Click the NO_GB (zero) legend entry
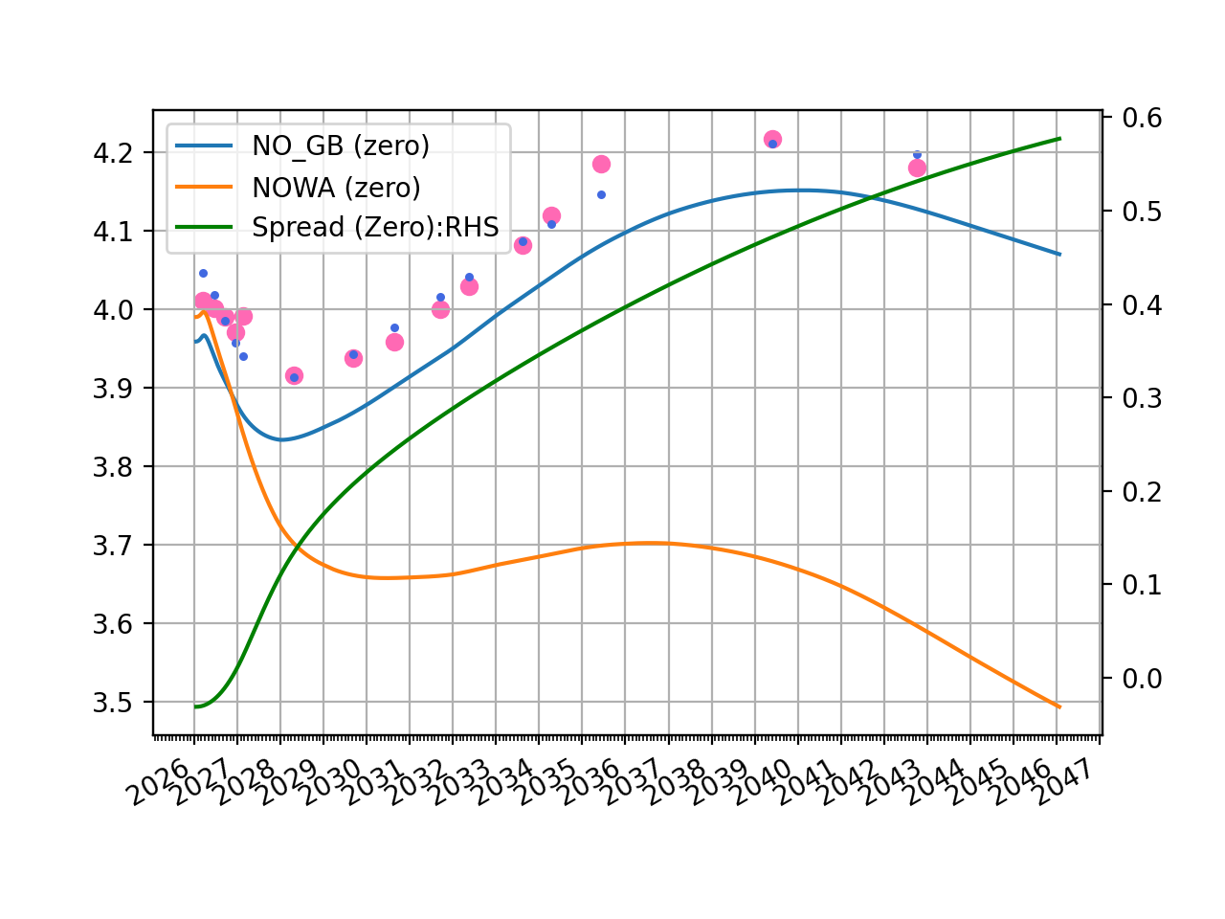click(340, 146)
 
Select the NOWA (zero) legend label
click(336, 187)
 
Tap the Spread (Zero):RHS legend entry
click(375, 228)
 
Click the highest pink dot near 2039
click(772, 140)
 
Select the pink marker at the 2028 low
click(294, 376)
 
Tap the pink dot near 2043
click(917, 168)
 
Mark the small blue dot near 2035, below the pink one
click(601, 194)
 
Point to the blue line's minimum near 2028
click(281, 439)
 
